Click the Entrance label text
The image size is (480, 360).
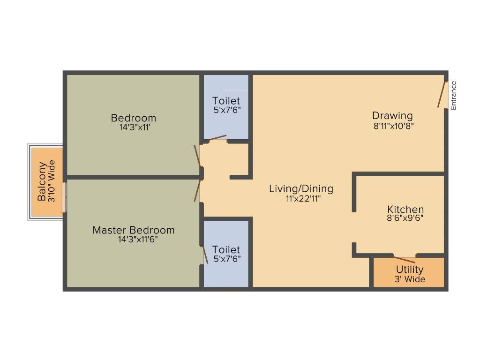tap(453, 96)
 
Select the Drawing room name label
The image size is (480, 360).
tap(392, 115)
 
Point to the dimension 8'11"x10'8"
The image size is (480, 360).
tap(392, 126)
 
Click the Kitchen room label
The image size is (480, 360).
tap(405, 210)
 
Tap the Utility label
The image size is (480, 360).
tap(410, 270)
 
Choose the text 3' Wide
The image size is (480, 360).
tap(410, 279)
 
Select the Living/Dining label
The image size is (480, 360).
tap(301, 189)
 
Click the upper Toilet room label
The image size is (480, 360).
tap(226, 101)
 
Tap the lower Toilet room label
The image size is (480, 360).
tap(226, 249)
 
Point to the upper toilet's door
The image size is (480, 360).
tap(217, 138)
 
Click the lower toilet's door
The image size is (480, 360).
tap(205, 255)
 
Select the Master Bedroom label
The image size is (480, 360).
tap(134, 230)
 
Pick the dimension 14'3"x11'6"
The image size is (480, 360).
tap(134, 239)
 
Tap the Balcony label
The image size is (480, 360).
tap(42, 181)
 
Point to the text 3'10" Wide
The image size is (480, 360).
tap(52, 181)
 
